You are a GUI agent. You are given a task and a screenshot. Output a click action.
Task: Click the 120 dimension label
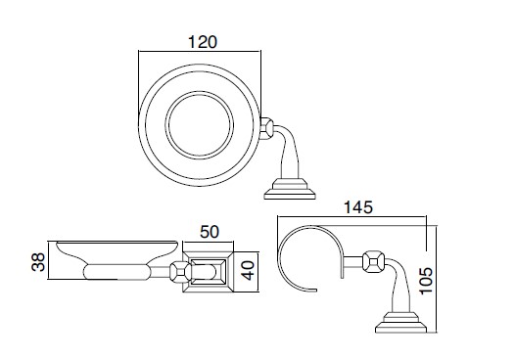click(203, 42)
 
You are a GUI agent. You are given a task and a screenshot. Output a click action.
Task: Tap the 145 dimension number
click(358, 207)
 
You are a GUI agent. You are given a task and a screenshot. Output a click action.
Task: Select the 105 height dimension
click(426, 281)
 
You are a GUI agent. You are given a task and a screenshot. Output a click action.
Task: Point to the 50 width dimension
click(210, 232)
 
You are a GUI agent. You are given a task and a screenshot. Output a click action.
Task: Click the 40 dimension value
click(248, 270)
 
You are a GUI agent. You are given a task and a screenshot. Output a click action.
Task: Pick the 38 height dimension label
click(38, 261)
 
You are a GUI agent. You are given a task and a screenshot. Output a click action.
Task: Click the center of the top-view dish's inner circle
click(199, 126)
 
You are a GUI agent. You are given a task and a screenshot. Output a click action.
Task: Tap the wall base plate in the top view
click(290, 189)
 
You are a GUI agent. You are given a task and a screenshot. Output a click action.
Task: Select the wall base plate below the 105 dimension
click(400, 322)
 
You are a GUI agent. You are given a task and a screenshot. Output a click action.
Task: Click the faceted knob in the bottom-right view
click(373, 260)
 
